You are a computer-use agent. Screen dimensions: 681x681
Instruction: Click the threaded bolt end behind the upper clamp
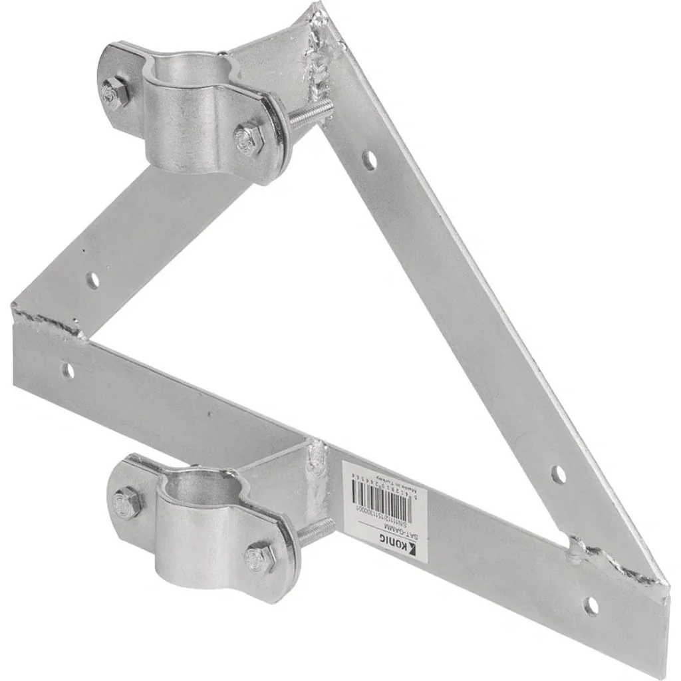309,114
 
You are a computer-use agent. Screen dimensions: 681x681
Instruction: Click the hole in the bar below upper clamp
92,280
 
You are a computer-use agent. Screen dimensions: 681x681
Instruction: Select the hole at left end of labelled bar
67,370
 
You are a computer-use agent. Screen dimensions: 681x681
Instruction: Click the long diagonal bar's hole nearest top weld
369,160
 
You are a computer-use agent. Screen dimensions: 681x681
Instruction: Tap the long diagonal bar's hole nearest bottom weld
559,474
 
